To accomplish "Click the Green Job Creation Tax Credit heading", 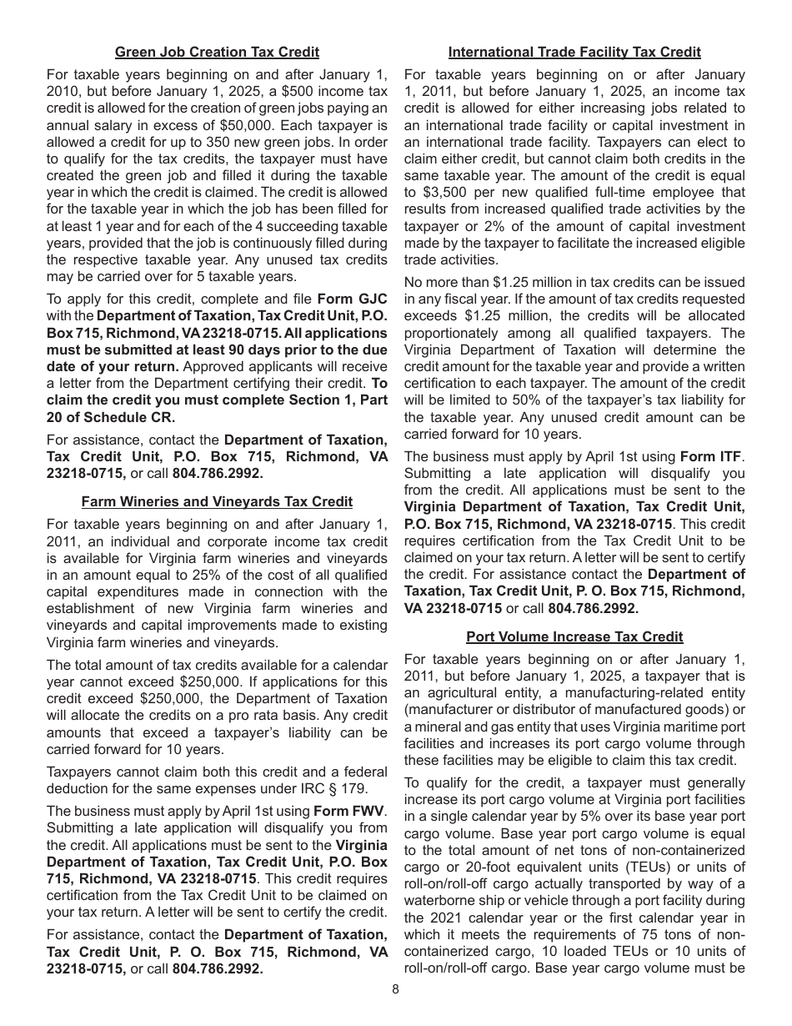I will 217,52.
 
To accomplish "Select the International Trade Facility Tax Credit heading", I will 574,52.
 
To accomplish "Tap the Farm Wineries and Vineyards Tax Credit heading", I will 217,501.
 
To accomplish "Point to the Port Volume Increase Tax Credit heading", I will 574,636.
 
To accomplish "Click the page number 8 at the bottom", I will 395,990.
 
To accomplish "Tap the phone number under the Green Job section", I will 218,474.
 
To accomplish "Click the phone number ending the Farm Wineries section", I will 218,969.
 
